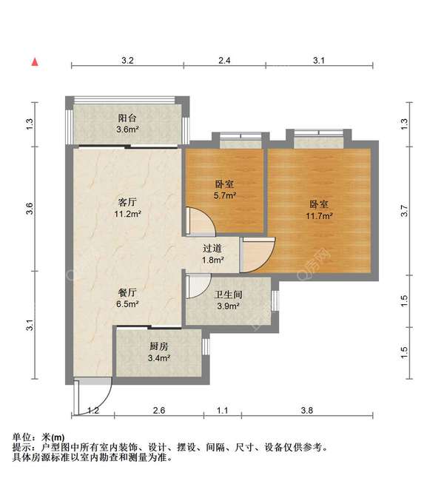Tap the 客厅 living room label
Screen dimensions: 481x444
[128, 202]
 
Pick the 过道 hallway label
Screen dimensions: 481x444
[213, 248]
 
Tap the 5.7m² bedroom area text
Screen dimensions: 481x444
[225, 196]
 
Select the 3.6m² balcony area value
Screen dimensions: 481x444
[128, 129]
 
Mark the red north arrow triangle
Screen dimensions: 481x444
[34, 62]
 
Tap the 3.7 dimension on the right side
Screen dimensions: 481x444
[404, 211]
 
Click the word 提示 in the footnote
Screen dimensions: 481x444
[22, 448]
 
